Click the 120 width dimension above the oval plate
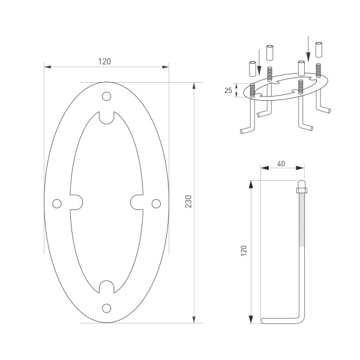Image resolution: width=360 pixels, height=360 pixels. [x=106, y=61]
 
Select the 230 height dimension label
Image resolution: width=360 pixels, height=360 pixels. [x=188, y=201]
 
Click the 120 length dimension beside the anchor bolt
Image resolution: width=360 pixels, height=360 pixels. [x=244, y=250]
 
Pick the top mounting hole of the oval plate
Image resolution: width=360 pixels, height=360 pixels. [x=107, y=96]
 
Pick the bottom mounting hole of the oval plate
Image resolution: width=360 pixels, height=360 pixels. [x=107, y=308]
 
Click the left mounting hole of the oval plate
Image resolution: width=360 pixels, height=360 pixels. [x=58, y=203]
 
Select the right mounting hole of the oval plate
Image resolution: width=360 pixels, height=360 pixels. [x=155, y=203]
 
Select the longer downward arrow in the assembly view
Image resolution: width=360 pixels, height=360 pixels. [x=308, y=48]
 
